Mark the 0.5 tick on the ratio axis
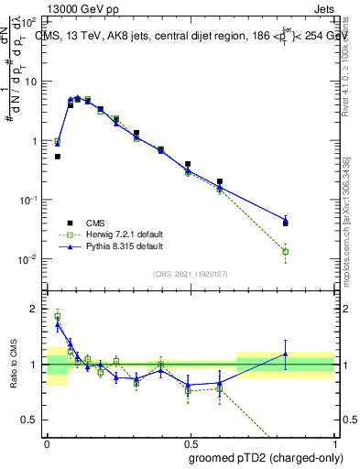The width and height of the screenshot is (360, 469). (33, 420)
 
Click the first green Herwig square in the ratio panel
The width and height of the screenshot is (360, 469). (58, 317)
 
